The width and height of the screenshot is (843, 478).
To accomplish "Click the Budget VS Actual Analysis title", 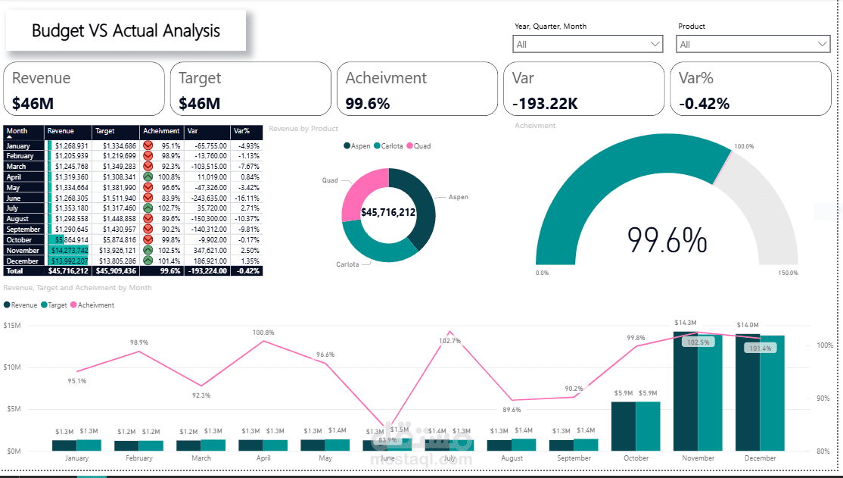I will point(126,31).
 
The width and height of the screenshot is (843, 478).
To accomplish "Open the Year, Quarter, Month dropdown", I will point(588,45).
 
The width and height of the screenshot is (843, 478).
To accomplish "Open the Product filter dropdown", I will point(752,45).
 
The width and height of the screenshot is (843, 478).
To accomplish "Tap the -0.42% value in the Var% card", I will point(704,104).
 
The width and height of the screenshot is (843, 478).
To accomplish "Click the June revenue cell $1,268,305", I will point(71,198).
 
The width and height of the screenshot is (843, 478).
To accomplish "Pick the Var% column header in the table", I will point(243,131).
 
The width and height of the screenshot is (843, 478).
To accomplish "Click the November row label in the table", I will point(23,250).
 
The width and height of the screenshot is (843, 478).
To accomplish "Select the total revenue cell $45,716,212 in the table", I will point(68,270).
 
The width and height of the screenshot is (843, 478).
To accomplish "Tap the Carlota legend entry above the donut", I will point(391,145).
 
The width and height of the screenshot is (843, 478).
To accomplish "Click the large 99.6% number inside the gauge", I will point(667,240).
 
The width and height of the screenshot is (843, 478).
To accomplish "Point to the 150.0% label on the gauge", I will point(787,273).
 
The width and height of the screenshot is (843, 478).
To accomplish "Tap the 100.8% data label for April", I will point(263,333).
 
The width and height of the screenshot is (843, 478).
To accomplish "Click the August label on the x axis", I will point(512,458).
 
